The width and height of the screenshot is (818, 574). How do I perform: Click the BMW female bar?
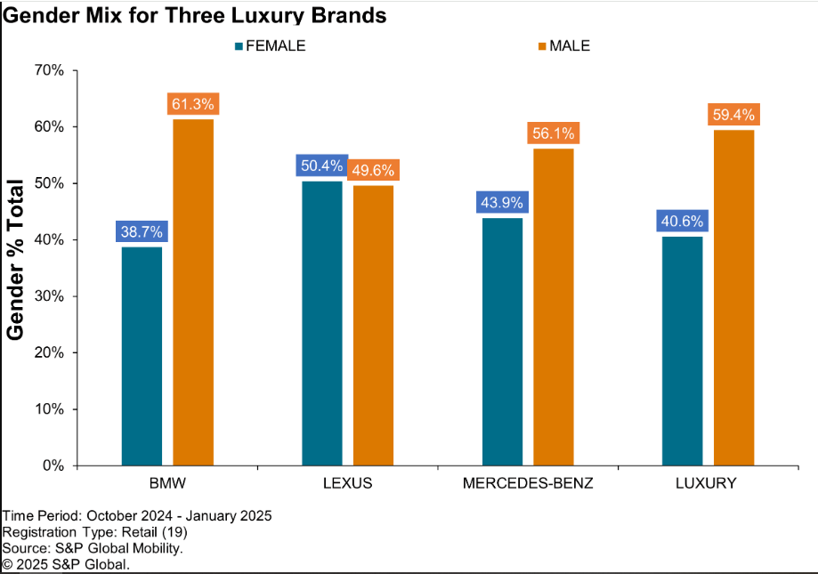pyautogui.click(x=142, y=356)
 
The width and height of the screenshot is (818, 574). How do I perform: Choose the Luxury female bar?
pyautogui.click(x=683, y=351)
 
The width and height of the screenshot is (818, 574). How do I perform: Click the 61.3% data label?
pyautogui.click(x=193, y=104)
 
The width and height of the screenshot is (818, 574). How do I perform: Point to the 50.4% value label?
pyautogui.click(x=321, y=166)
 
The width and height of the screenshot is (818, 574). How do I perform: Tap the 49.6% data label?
pyautogui.click(x=373, y=170)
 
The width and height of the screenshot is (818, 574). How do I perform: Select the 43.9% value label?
pyautogui.click(x=503, y=203)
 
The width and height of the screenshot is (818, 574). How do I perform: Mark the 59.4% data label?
pyautogui.click(x=734, y=115)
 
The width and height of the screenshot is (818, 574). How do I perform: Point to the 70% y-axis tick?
pyautogui.click(x=48, y=70)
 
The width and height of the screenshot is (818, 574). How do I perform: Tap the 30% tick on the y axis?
pyautogui.click(x=48, y=296)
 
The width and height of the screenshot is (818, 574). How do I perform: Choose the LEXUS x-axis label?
pyautogui.click(x=347, y=484)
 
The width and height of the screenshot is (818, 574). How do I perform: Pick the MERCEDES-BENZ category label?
pyautogui.click(x=528, y=484)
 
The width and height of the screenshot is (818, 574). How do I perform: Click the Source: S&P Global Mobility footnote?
pyautogui.click(x=93, y=548)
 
